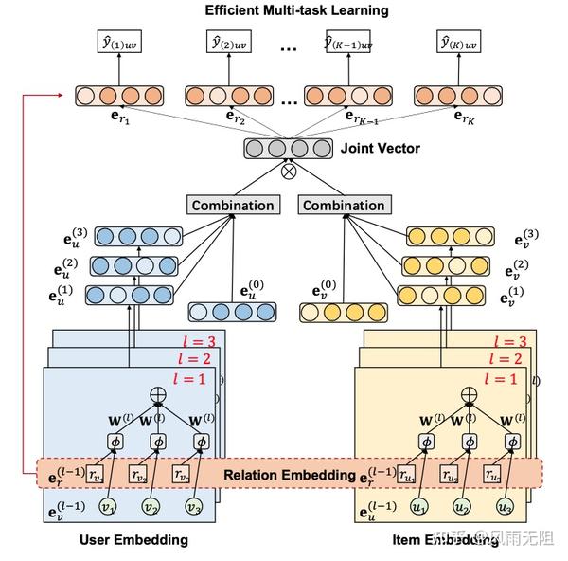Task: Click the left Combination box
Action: click(x=233, y=205)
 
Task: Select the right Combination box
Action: click(x=343, y=205)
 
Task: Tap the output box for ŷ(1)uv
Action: click(x=119, y=41)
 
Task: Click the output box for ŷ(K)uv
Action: click(x=460, y=41)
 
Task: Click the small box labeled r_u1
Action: click(x=407, y=474)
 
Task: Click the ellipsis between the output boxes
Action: click(x=290, y=43)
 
